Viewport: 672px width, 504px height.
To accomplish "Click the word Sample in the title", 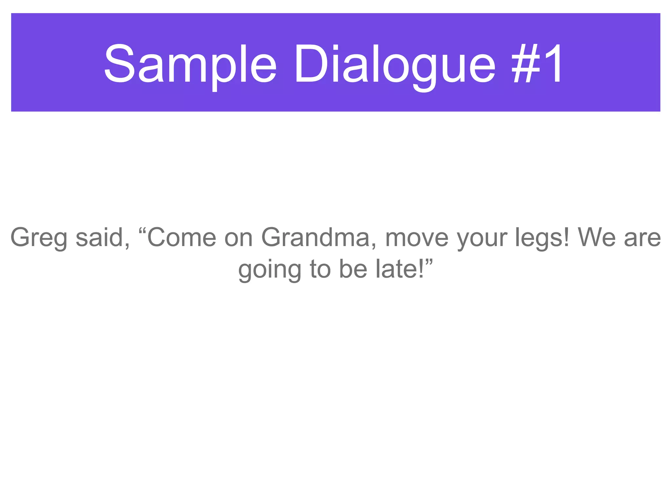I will coord(190,64).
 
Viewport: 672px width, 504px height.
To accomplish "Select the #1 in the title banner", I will coord(537,64).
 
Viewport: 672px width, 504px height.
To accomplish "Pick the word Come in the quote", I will coord(181,237).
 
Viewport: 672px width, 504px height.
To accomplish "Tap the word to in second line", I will coord(320,269).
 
